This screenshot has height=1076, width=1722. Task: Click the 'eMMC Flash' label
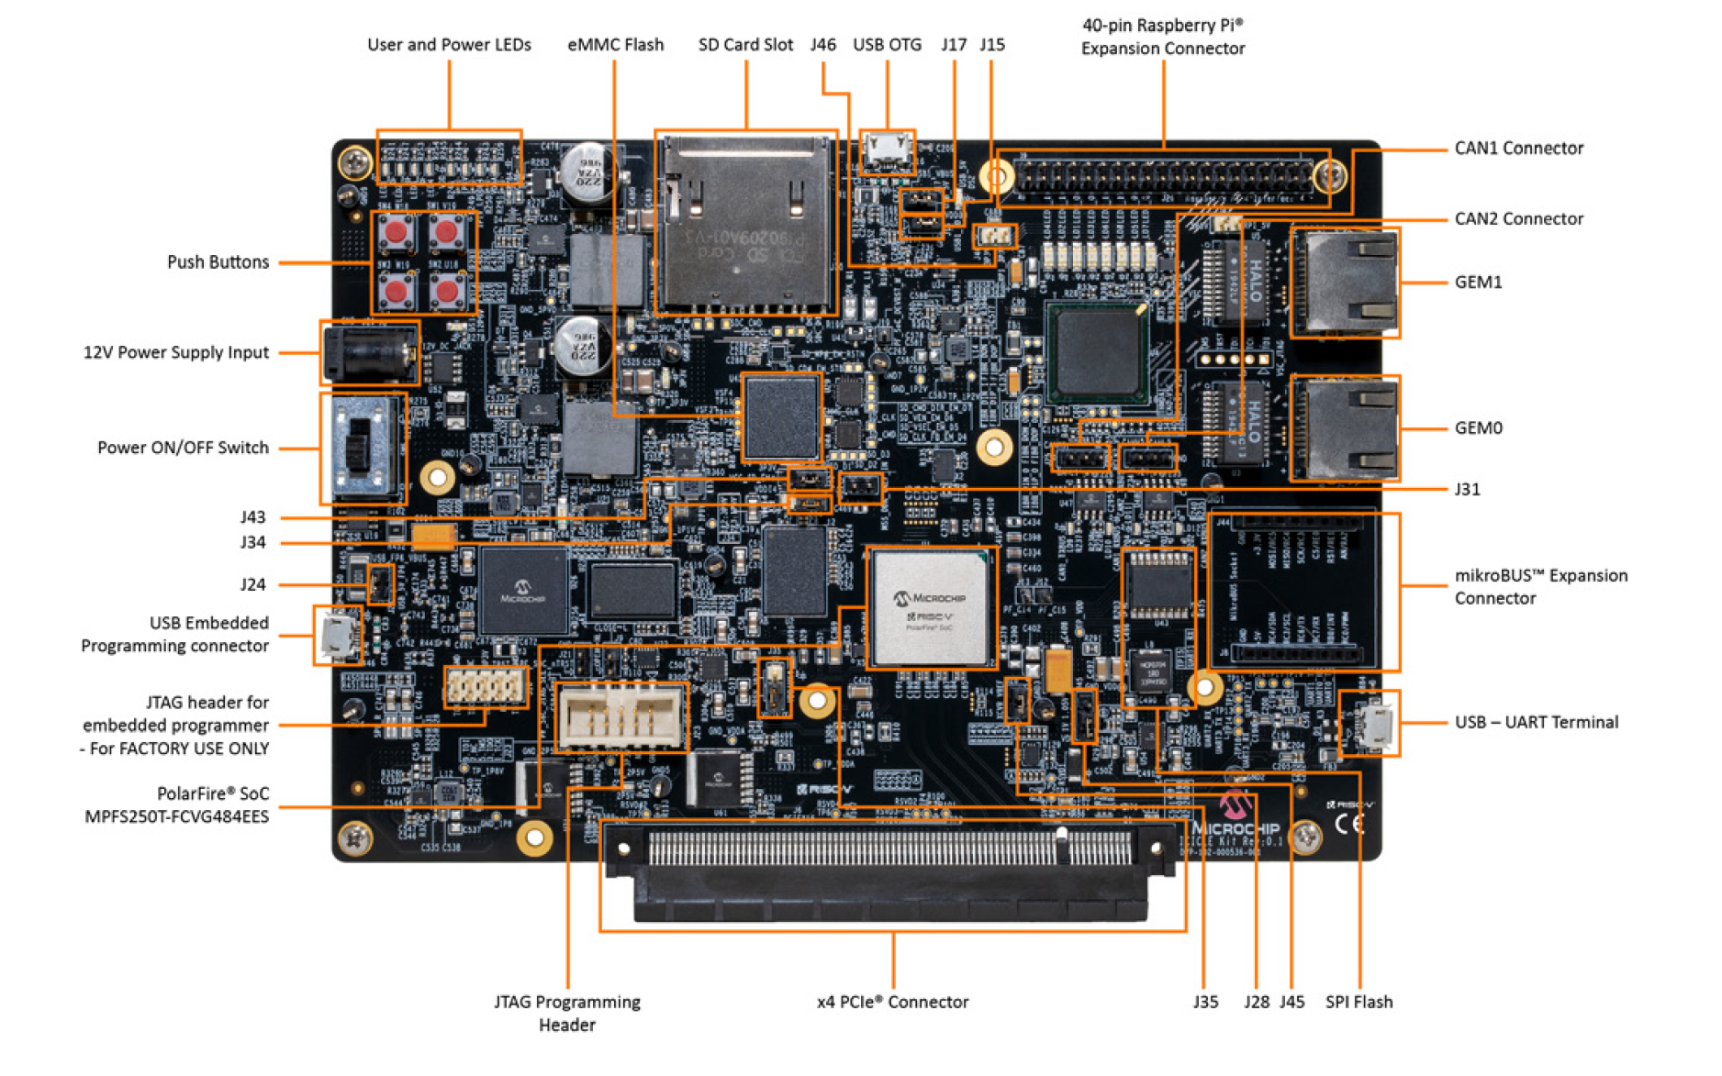[615, 44]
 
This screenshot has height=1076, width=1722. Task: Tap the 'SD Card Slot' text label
[744, 44]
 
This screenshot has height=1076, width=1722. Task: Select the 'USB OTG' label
[886, 44]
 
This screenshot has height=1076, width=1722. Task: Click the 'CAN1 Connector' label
[1517, 148]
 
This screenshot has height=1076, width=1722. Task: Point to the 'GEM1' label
[1477, 282]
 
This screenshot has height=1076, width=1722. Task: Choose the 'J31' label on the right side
[1466, 489]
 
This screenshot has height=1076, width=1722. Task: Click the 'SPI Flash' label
[1358, 1002]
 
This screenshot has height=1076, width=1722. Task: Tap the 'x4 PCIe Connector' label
[891, 1002]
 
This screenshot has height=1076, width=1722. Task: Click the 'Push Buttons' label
[218, 261]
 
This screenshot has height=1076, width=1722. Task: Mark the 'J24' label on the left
[252, 584]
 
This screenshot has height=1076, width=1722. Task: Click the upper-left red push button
[397, 232]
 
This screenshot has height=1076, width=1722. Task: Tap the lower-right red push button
[447, 291]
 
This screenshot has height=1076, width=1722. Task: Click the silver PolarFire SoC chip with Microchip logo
[929, 607]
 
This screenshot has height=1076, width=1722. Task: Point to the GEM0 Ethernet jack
[1344, 428]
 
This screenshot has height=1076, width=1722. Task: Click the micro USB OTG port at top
[886, 151]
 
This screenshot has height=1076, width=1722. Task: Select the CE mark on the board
[1349, 823]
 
